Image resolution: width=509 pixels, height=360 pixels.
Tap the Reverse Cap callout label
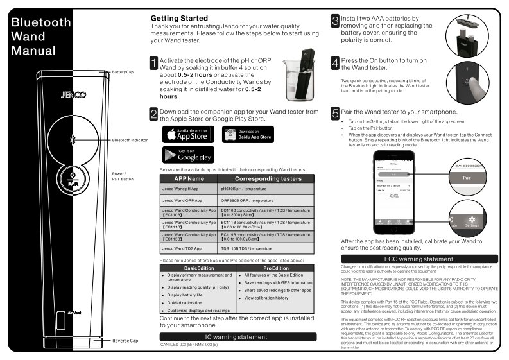pos(126,341)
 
